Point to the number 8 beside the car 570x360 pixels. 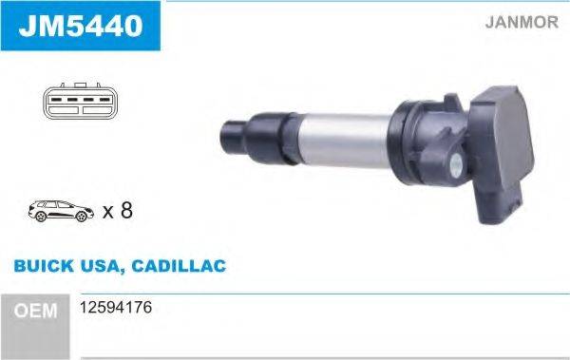point(125,210)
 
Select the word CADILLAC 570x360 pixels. point(180,266)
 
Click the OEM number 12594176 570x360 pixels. point(118,309)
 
